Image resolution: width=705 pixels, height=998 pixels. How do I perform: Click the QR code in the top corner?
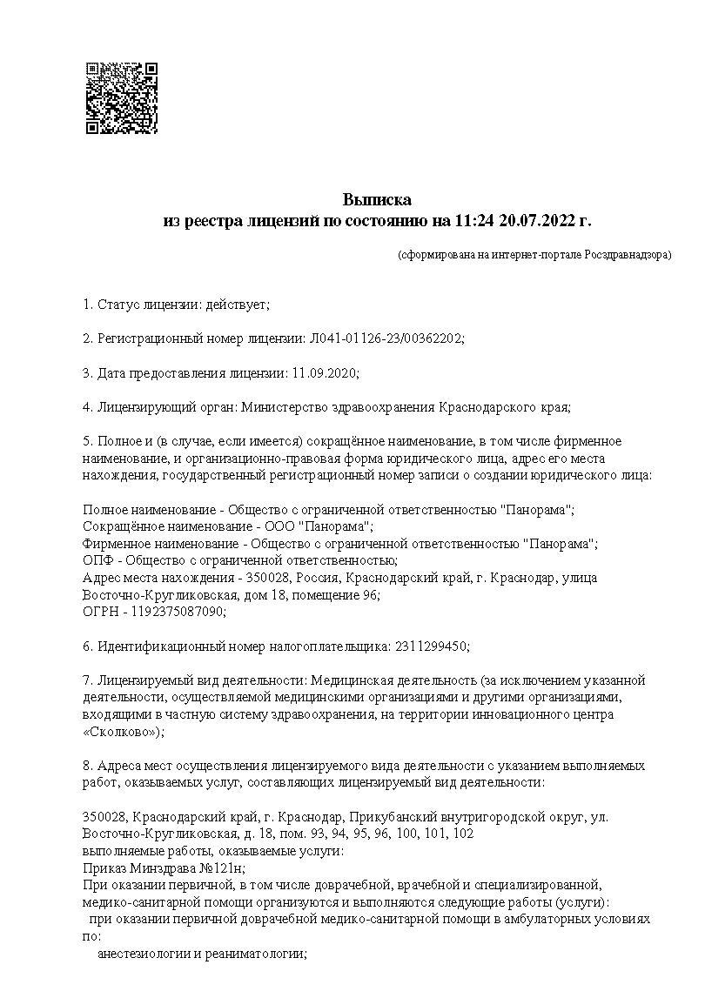(121, 98)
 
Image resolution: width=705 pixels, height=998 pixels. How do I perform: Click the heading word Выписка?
(376, 201)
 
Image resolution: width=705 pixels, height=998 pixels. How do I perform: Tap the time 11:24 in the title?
(474, 221)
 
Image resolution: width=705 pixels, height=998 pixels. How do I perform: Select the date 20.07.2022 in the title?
(539, 221)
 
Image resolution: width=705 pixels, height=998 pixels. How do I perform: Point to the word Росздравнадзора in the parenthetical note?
(626, 256)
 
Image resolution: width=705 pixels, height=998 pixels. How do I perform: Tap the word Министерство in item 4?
(285, 406)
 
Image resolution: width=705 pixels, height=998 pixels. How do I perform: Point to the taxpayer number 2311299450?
(431, 646)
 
